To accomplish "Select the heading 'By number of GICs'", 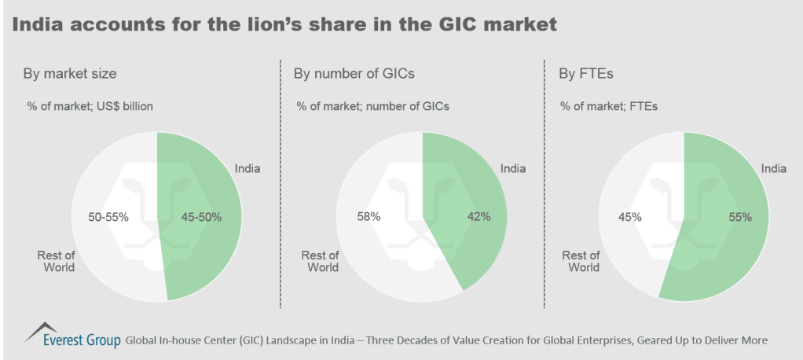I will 354,75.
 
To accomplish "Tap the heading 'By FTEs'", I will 585,75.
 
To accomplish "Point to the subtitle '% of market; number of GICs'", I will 372,106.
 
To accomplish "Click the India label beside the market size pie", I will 247,168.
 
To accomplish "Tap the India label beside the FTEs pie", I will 774,168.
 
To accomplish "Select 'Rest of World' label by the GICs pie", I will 320,261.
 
